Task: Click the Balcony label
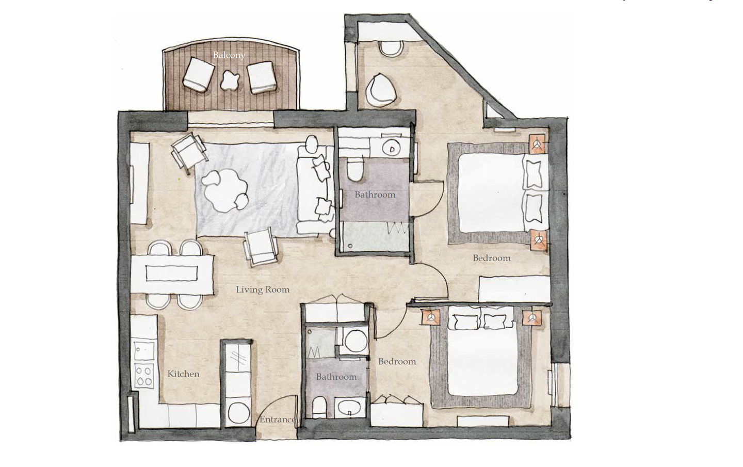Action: click(x=229, y=55)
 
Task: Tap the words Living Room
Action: click(x=263, y=289)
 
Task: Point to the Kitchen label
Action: click(x=184, y=374)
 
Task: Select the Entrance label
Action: click(x=277, y=420)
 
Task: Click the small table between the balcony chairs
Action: click(x=230, y=80)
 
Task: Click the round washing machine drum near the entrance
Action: click(x=238, y=413)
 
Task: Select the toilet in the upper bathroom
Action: click(x=354, y=169)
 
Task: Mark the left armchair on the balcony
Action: click(x=199, y=74)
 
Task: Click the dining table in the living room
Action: click(x=172, y=274)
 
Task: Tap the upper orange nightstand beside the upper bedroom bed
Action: click(x=537, y=144)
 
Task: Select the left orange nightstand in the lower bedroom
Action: click(x=431, y=317)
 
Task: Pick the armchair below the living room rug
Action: click(x=261, y=247)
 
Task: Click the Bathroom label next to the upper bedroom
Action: click(x=375, y=195)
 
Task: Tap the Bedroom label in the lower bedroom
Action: click(x=397, y=362)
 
